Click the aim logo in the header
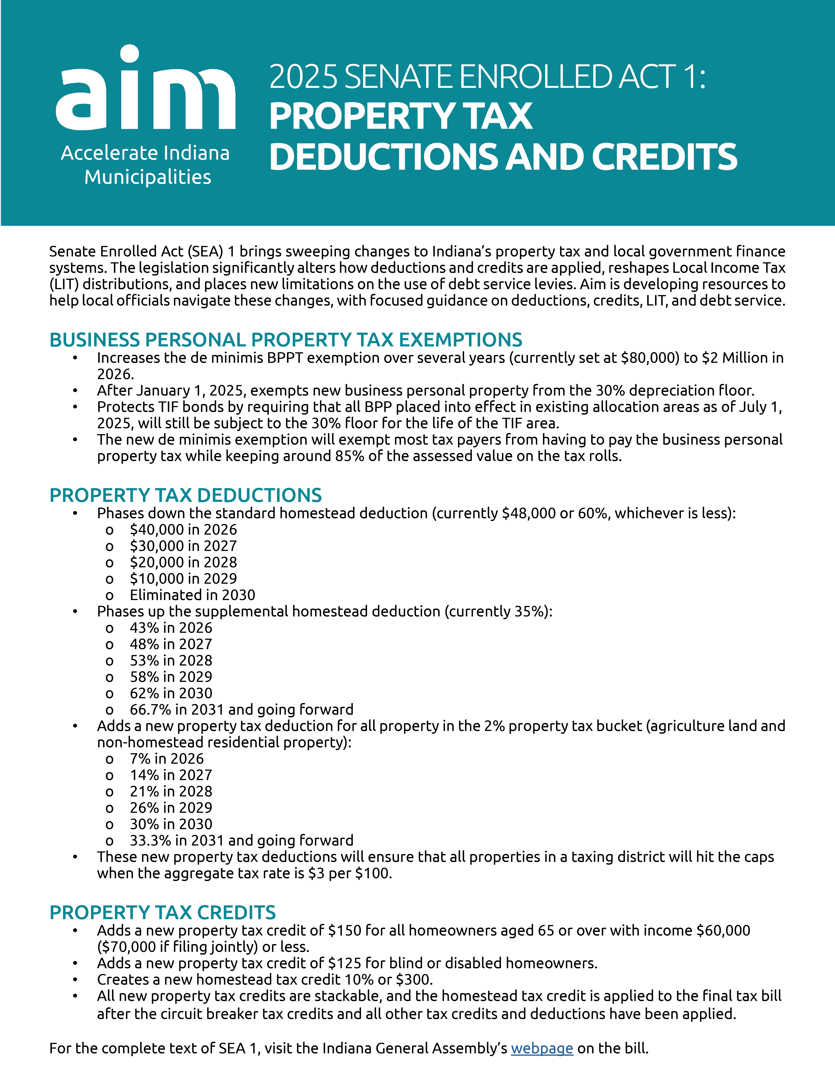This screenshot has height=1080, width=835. pyautogui.click(x=145, y=89)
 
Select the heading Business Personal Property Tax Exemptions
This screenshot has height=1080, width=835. pyautogui.click(x=285, y=340)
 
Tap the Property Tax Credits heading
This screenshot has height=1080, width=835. pyautogui.click(x=162, y=912)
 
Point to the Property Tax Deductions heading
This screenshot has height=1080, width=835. pyautogui.click(x=186, y=495)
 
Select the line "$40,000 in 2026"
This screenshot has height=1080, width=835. pyautogui.click(x=183, y=530)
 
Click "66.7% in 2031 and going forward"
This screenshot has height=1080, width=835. pyautogui.click(x=241, y=710)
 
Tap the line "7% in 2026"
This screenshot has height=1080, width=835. pyautogui.click(x=167, y=759)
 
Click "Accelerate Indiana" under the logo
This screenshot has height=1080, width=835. pyautogui.click(x=145, y=153)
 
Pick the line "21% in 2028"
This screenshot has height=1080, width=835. pyautogui.click(x=171, y=791)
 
